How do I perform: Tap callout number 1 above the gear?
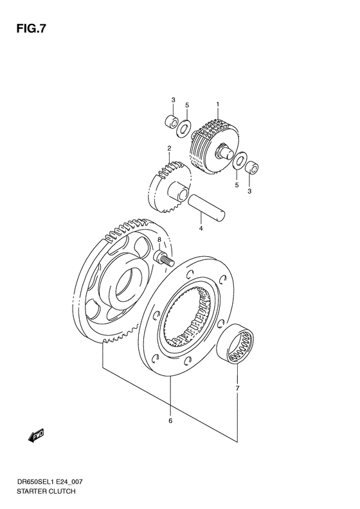coord(218,104)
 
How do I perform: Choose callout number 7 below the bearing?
coord(237,388)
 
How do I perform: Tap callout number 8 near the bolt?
coord(160,240)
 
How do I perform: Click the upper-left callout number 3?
coord(173,99)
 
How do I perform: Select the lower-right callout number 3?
coord(250,192)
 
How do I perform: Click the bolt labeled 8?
coord(163,259)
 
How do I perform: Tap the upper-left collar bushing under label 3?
coord(171,121)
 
